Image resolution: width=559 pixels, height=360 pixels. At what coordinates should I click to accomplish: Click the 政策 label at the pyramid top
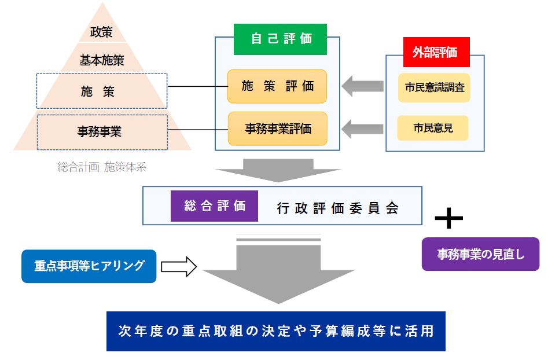pos(101,31)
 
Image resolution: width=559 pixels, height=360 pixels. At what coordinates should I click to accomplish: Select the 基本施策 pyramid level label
pos(101,60)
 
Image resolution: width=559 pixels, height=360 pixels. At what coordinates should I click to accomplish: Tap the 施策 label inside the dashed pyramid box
pos(101,91)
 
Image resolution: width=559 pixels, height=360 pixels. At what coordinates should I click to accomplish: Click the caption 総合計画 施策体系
pos(102,168)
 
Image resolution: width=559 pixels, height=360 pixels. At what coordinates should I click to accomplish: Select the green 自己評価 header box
pos(280,39)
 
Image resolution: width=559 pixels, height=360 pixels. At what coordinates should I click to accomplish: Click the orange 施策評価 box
pos(277,87)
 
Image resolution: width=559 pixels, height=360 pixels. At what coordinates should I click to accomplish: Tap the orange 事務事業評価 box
pos(277,128)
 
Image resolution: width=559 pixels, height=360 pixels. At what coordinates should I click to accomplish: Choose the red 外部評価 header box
pos(436,53)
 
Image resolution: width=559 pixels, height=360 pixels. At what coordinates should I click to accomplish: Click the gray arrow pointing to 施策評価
pos(362,87)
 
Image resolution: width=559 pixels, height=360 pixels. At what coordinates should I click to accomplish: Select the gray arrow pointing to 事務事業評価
pos(362,127)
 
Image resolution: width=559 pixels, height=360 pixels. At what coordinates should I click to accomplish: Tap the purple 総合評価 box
pos(214,205)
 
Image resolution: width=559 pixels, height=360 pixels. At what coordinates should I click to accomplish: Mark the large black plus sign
pos(449,218)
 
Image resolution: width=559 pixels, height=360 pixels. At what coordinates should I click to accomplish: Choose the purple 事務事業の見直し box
pos(480,254)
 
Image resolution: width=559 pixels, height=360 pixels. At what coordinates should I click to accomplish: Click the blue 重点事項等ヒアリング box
pos(89,266)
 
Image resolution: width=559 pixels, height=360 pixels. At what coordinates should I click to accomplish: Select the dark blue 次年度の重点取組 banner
pos(275,331)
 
